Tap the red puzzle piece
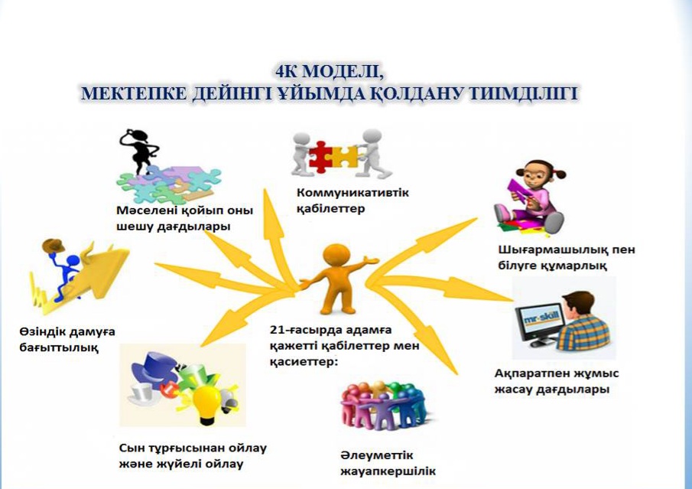pos(320,157)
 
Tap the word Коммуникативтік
pos(352,193)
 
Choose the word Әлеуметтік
pos(376,455)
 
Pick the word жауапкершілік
pos(388,471)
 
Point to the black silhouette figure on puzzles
pos(138,151)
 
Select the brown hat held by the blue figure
pos(53,246)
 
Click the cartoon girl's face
pos(535,175)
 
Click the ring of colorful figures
pos(383,406)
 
